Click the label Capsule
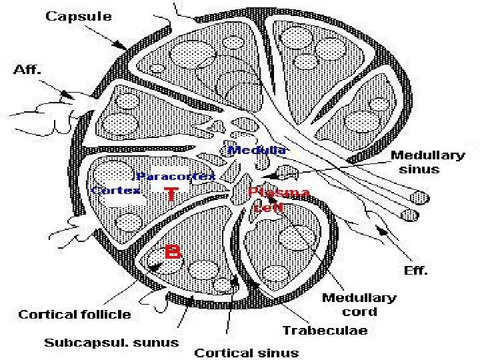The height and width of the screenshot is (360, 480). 78,16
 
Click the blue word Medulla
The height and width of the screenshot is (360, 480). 257,150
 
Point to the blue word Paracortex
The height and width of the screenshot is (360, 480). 175,176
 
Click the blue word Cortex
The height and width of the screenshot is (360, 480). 115,190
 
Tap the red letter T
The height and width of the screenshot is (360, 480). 171,195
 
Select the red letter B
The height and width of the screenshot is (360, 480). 173,253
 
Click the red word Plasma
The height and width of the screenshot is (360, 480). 279,193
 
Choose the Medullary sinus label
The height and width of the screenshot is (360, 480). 427,162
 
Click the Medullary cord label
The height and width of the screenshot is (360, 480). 359,305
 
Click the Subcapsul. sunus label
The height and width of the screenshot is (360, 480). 111,343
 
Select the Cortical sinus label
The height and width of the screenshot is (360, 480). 246,352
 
